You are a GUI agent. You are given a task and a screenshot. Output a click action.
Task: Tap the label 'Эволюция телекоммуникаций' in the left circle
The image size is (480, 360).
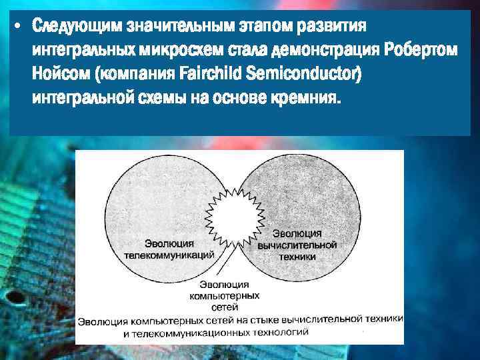[169, 248]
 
